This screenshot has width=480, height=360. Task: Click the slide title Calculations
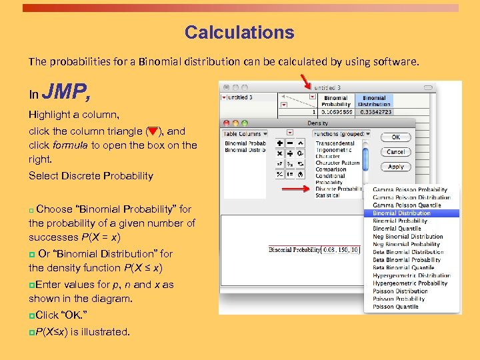coord(239,33)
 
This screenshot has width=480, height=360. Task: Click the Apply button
coord(395,167)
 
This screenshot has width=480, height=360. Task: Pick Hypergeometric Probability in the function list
coord(410,283)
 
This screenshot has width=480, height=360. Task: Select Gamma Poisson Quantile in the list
coord(407,205)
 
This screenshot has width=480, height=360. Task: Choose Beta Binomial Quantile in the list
coord(403,267)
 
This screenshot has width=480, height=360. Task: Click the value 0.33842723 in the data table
coord(375,113)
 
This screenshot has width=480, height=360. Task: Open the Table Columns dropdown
coord(245,134)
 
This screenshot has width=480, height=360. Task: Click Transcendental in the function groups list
coord(335,143)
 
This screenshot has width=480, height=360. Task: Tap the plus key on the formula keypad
coord(279,143)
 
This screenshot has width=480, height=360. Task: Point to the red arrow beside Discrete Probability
coord(297,189)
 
